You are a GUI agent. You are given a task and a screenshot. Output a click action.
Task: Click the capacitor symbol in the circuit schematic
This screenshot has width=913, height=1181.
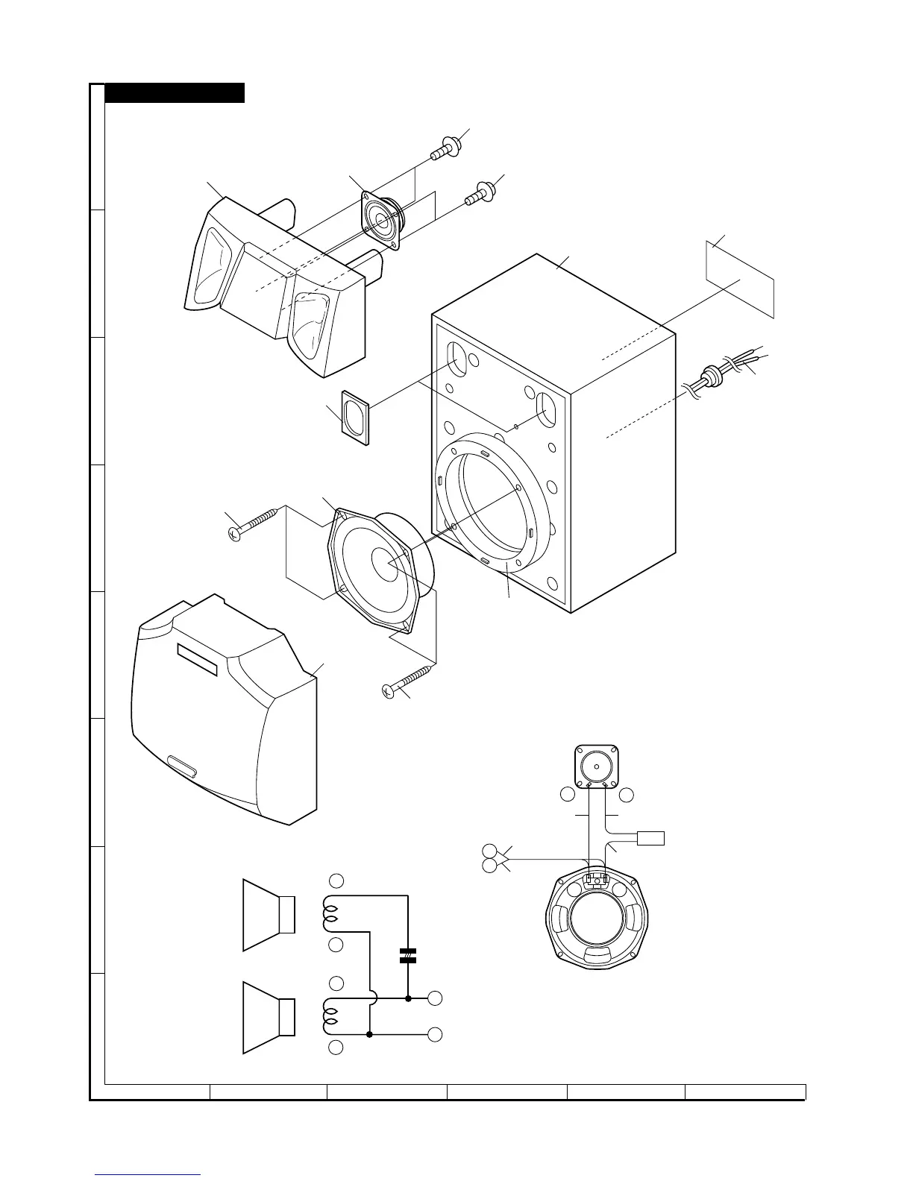[x=407, y=955]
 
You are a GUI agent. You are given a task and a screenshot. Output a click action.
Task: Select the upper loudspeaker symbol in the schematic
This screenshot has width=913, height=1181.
[x=269, y=915]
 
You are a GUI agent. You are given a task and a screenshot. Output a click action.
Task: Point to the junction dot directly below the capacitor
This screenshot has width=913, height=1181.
[x=408, y=998]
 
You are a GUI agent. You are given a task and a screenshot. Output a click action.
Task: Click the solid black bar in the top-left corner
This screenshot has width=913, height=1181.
[x=175, y=92]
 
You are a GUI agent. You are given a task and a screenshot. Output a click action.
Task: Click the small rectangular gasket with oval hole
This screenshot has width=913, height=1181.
[x=356, y=418]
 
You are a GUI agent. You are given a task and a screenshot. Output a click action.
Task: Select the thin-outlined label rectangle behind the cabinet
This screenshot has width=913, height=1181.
[x=740, y=279]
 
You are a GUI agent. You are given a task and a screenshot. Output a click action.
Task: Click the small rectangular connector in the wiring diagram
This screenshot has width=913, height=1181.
[x=650, y=837]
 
